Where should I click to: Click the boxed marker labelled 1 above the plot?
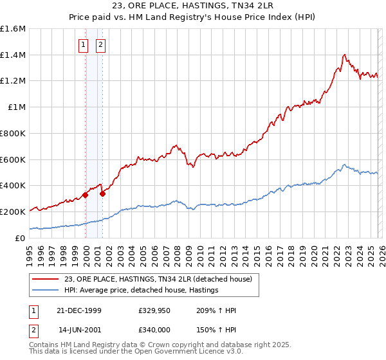coord(83,45)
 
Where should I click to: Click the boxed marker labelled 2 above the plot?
coord(101,45)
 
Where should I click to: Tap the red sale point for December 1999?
coord(86,194)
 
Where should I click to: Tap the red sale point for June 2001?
coord(102,193)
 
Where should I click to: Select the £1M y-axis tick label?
coord(17,107)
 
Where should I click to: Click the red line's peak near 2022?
coord(345,55)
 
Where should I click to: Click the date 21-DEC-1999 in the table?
coord(80,310)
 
